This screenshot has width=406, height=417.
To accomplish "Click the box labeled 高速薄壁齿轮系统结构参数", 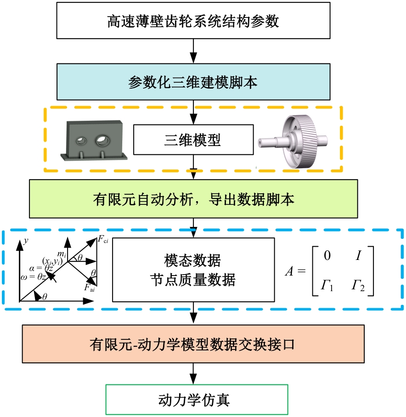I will point(193,21).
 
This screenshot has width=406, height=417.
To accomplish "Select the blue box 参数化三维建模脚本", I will point(193,81).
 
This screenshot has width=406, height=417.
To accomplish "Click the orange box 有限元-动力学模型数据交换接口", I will point(193,344).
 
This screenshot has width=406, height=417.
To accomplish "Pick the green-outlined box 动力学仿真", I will point(197,399).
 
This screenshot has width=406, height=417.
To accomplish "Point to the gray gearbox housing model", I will point(95,140).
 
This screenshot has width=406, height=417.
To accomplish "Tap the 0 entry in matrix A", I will point(327,255).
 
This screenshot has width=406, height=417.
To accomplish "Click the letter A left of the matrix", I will point(289,271).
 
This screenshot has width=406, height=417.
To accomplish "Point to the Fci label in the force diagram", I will point(103,239).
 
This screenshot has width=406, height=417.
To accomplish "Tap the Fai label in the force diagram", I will point(90,288).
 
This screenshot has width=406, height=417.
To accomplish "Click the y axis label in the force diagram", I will point(27,240).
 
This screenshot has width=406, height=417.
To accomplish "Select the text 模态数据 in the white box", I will point(192,261).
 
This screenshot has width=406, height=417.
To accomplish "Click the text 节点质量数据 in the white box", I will point(192,279).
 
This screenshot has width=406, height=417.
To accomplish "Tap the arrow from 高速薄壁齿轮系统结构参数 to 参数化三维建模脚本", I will point(193,51).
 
